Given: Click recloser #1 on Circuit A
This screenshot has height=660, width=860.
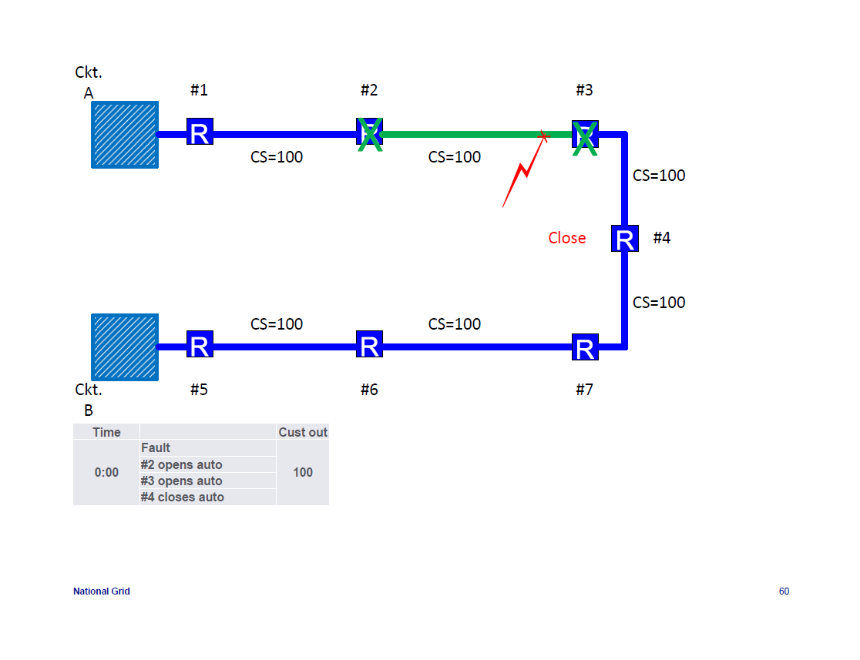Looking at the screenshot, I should tap(200, 132).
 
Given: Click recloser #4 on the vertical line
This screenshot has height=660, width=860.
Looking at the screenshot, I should tap(624, 238).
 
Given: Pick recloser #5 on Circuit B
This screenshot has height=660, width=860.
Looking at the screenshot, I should tap(200, 345).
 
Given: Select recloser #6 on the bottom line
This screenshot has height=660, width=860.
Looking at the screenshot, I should tap(369, 345).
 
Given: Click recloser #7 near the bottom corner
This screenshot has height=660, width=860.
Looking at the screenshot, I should tap(585, 347).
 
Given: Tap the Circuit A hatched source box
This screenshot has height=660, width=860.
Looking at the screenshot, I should tap(125, 134).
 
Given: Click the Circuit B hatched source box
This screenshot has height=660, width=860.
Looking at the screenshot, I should tap(125, 347).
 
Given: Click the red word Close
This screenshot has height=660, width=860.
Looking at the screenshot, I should tap(566, 238).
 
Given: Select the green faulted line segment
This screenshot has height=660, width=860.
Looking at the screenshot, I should tap(462, 134).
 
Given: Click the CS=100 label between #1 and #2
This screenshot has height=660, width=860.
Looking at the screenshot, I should tap(277, 157).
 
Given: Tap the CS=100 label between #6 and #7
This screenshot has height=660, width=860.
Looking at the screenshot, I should tap(454, 324).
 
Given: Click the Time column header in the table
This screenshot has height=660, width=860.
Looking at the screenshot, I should tap(106, 432).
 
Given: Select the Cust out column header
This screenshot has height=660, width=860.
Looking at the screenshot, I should tap(303, 432).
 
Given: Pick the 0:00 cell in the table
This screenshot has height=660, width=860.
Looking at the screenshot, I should tap(106, 472).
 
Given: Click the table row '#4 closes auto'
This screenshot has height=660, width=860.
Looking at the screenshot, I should tap(183, 497).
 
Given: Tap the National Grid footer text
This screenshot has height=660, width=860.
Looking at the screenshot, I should tap(101, 591).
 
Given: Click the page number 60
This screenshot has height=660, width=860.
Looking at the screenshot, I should tap(784, 591).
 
